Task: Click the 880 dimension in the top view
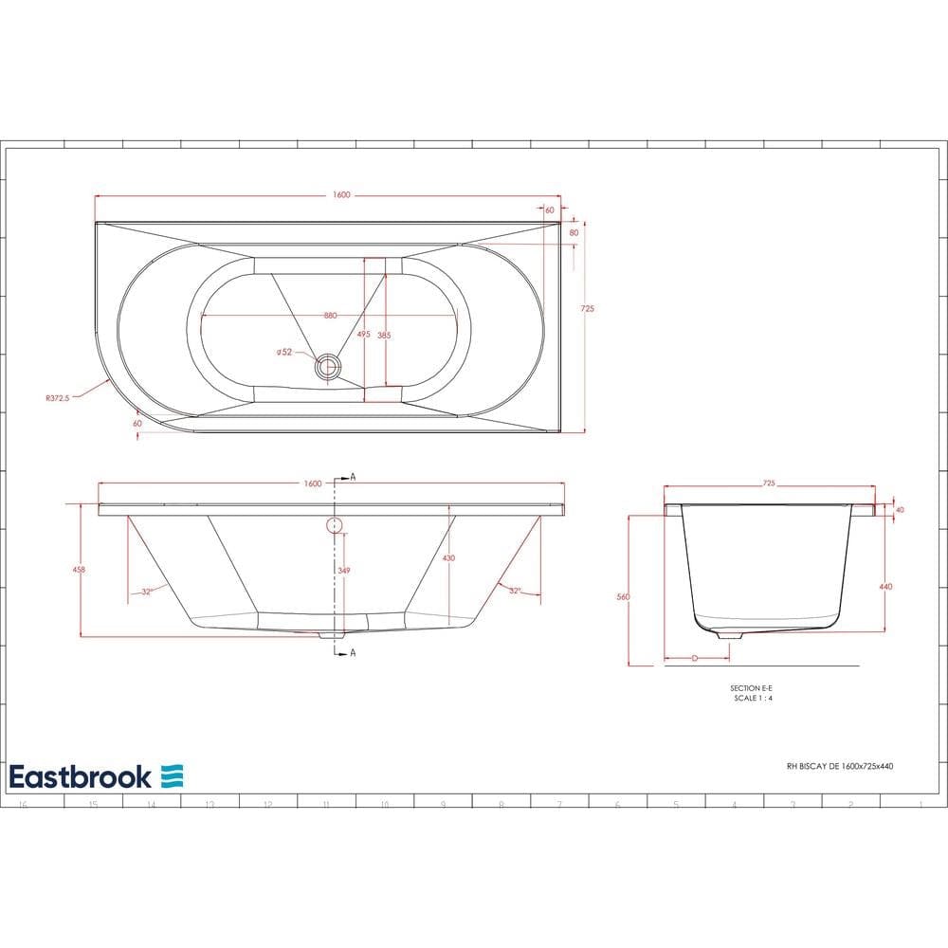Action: (x=330, y=316)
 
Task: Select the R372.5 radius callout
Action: (x=58, y=399)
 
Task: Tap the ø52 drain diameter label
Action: (x=284, y=352)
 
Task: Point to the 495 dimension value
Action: (x=363, y=335)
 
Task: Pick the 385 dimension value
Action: (x=384, y=335)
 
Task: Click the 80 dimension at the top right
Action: (x=574, y=232)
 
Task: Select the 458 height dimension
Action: (x=79, y=569)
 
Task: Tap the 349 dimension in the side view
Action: (x=344, y=570)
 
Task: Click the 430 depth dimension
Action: (x=448, y=558)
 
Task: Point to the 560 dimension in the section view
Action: (x=622, y=597)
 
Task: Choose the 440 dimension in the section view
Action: (x=885, y=587)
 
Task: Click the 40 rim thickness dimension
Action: (x=900, y=510)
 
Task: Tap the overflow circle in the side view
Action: (x=334, y=525)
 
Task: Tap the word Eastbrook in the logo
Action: (x=81, y=776)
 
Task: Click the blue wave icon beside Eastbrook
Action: (x=172, y=776)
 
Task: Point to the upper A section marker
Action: (x=353, y=477)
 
